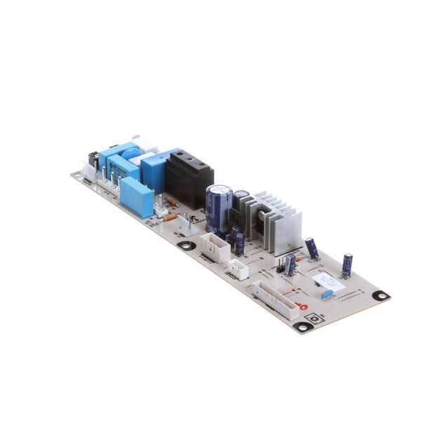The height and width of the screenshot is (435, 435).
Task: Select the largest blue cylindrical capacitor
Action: tap(218, 206)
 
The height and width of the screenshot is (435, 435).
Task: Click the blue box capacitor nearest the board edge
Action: tap(137, 196)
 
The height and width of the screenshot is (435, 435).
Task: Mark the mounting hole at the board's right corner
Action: tap(380, 296)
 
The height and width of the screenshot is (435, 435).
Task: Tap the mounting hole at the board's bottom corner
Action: tap(302, 326)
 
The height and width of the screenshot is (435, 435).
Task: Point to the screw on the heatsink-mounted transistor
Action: tap(261, 217)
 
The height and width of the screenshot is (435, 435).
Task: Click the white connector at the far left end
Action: tap(88, 169)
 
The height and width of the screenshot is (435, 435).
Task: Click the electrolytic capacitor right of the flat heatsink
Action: tap(312, 248)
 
